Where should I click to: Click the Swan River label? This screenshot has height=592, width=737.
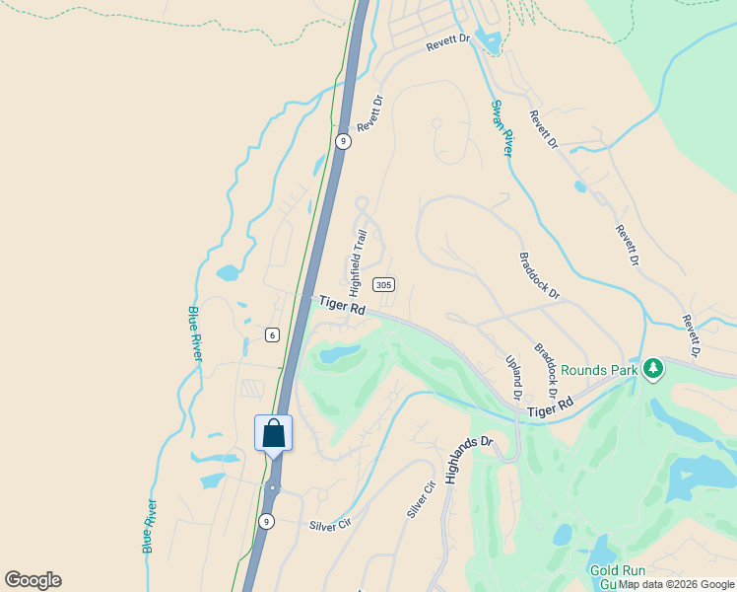pyautogui.click(x=502, y=127)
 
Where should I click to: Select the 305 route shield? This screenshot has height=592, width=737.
pyautogui.click(x=384, y=285)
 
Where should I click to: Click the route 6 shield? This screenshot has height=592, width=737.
pyautogui.click(x=272, y=334)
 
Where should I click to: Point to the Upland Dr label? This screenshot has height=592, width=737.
pyautogui.click(x=513, y=378)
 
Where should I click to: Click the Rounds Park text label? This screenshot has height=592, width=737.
pyautogui.click(x=599, y=371)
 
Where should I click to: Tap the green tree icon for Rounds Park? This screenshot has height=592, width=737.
pyautogui.click(x=651, y=369)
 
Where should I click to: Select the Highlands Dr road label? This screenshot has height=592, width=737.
pyautogui.click(x=468, y=460)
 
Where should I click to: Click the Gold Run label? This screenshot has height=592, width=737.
pyautogui.click(x=617, y=571)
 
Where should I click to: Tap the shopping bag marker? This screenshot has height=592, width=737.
pyautogui.click(x=273, y=434)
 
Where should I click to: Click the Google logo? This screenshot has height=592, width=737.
pyautogui.click(x=33, y=580)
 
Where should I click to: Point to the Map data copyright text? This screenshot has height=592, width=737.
pyautogui.click(x=676, y=585)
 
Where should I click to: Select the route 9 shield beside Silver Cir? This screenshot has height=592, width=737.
pyautogui.click(x=266, y=521)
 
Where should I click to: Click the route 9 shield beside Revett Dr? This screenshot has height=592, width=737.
pyautogui.click(x=342, y=141)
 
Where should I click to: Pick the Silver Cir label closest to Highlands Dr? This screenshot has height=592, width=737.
pyautogui.click(x=421, y=500)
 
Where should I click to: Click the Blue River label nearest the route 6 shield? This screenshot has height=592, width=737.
pyautogui.click(x=194, y=333)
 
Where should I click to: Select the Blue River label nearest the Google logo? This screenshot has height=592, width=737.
pyautogui.click(x=150, y=525)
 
